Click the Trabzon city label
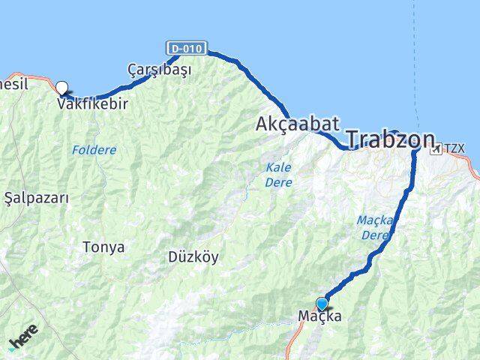click(x=390, y=139)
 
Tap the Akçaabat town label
click(x=298, y=124)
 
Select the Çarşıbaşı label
click(x=159, y=70)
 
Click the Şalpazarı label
click(x=37, y=198)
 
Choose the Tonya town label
click(x=103, y=247)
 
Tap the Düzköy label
click(x=193, y=256)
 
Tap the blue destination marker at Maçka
click(x=322, y=303)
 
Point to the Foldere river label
click(x=94, y=150)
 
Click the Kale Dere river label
click(x=278, y=175)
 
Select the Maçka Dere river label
click(x=373, y=227)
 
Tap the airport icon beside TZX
click(x=436, y=149)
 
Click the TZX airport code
click(x=454, y=148)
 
